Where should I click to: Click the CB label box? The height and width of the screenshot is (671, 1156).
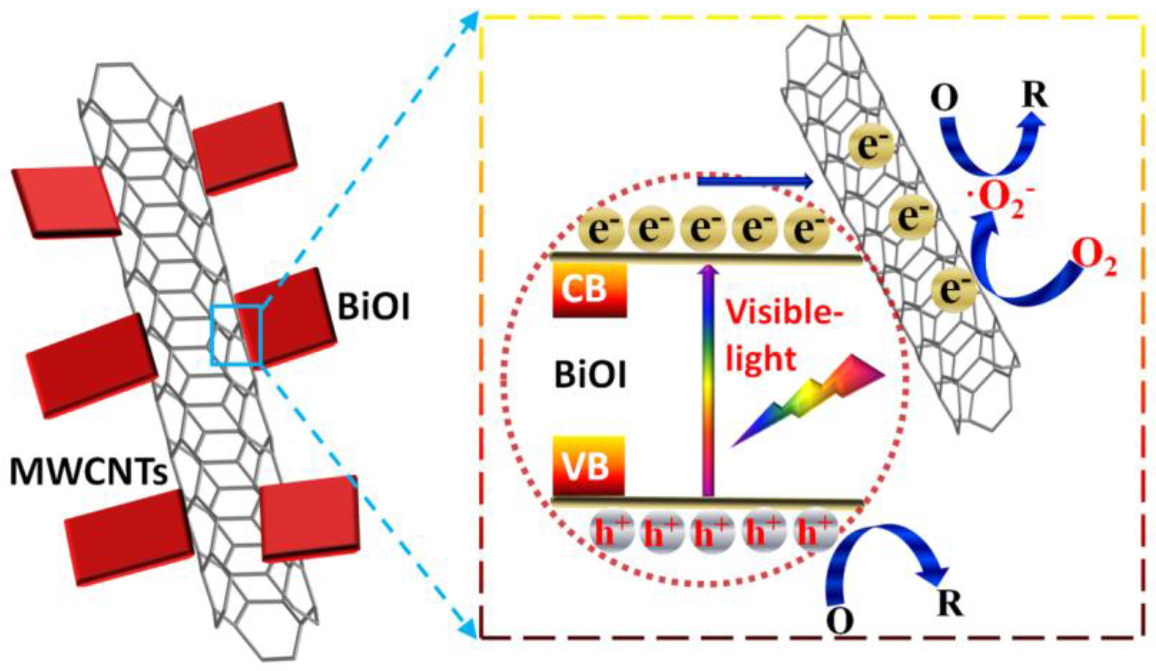(589, 290)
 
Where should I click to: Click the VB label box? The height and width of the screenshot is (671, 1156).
(588, 466)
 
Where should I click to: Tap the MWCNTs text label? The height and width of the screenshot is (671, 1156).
(89, 472)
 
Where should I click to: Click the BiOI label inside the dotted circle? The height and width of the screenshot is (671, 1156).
(590, 375)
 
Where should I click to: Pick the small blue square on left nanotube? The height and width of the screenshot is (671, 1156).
(236, 336)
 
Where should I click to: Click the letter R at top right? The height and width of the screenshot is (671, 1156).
(1035, 95)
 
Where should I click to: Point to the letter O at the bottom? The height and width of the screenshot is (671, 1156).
(840, 621)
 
